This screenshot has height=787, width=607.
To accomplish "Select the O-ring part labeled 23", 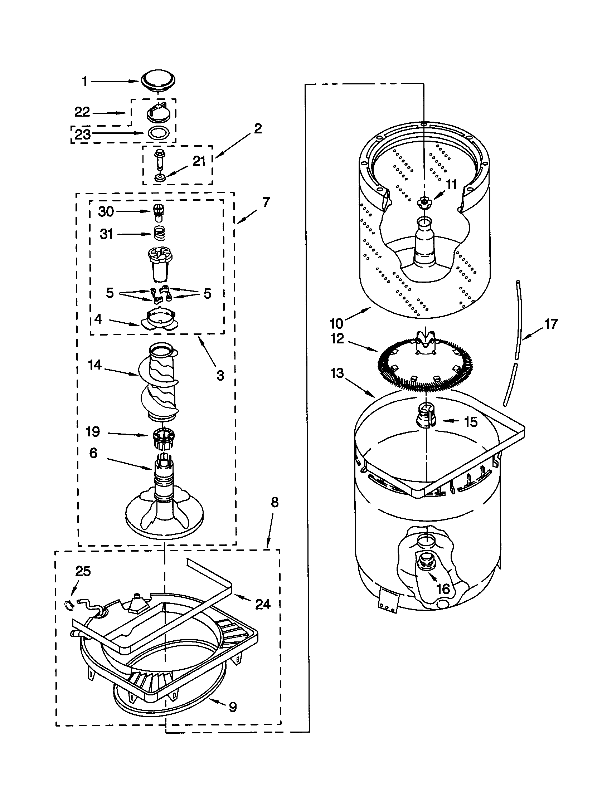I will click(159, 133).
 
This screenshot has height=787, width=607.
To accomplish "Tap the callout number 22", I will click(82, 112).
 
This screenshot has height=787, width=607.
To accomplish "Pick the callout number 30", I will click(106, 211).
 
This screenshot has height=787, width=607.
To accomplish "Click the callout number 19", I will click(93, 431).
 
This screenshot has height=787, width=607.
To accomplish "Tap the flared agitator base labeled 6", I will click(164, 512).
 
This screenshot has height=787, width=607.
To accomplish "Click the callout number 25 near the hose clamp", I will click(83, 571).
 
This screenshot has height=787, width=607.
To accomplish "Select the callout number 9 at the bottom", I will click(233, 707).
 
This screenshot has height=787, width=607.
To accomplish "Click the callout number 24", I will click(262, 604).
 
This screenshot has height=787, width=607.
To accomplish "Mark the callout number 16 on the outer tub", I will click(443, 589).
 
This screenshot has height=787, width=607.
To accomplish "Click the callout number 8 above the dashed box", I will click(275, 502).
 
